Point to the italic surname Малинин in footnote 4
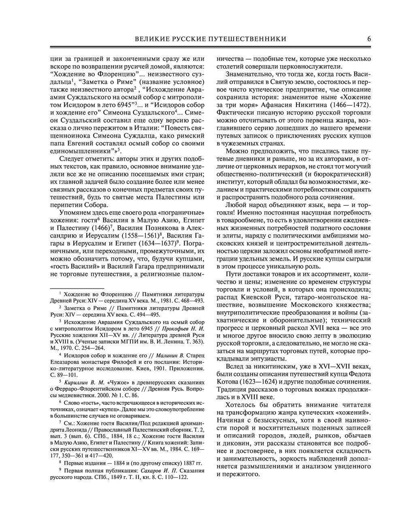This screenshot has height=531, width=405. (162, 355)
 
